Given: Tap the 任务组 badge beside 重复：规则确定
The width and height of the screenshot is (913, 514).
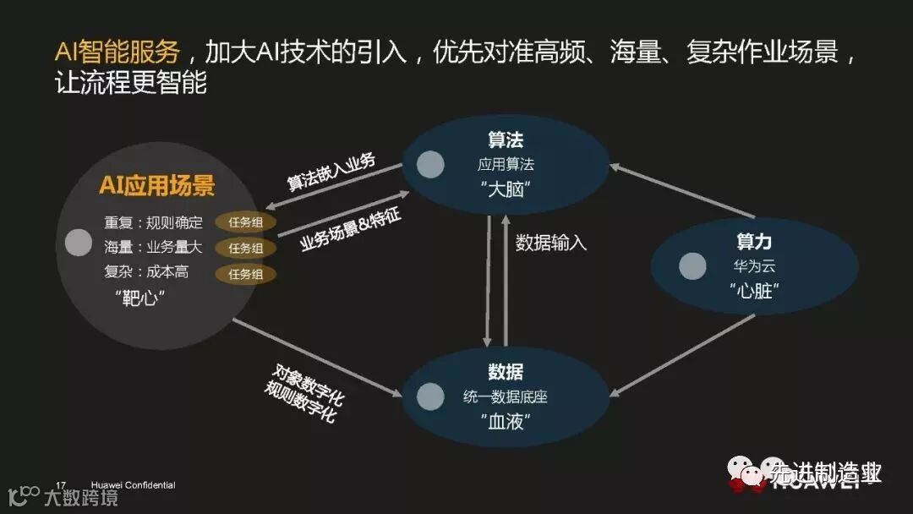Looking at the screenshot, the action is (x=245, y=222).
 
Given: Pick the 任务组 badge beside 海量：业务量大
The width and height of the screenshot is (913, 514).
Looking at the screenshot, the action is (x=245, y=249).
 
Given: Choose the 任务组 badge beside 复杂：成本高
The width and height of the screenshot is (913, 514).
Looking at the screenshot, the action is (x=245, y=274).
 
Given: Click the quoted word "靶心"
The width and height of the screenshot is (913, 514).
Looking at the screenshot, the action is (x=138, y=298).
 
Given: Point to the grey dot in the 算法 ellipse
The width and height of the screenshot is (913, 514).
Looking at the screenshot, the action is (x=430, y=165).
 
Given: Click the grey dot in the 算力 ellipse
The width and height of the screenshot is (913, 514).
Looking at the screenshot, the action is (x=692, y=265).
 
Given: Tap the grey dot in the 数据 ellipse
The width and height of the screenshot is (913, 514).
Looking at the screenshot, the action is (x=430, y=396).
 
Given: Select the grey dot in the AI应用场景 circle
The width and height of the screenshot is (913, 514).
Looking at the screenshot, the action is (x=79, y=243).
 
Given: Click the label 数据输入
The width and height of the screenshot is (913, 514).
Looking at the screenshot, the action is (x=551, y=243).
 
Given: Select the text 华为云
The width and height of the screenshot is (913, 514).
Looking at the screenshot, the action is (x=753, y=266).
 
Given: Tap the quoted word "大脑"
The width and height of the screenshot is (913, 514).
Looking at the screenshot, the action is (x=506, y=189).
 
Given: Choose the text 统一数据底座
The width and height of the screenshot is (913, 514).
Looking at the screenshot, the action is (x=506, y=396).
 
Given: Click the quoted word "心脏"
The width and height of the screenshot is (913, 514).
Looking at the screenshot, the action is (x=753, y=291).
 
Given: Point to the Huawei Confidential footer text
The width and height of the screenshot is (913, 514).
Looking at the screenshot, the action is (x=126, y=485).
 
